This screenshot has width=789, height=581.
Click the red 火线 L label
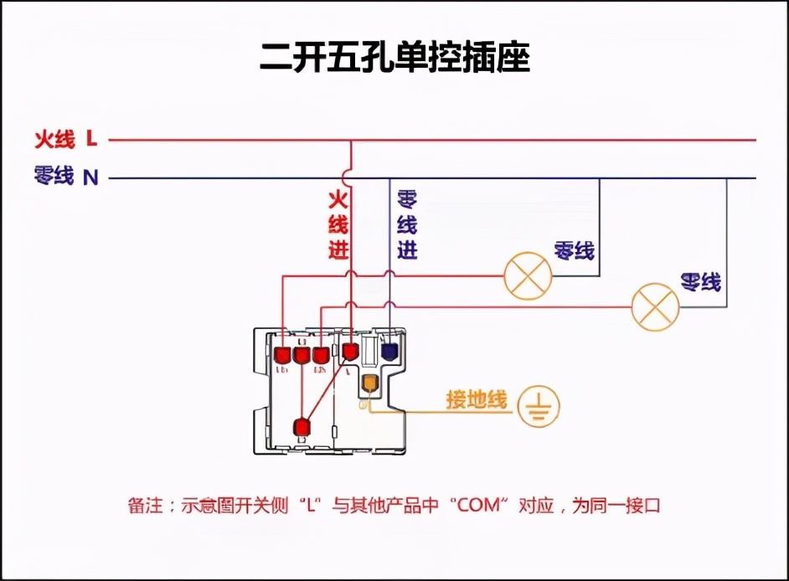[x=66, y=138]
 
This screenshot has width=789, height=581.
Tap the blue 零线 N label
[x=66, y=177]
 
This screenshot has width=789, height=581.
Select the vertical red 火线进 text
[x=338, y=224]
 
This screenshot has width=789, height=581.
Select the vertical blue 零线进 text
[x=407, y=224]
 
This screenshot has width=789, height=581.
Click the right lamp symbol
[x=654, y=306]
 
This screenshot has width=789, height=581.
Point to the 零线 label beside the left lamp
[x=574, y=249]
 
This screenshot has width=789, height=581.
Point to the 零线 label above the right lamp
[x=700, y=281]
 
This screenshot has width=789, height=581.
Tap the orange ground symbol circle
[x=539, y=407]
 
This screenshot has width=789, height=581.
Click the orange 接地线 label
[x=476, y=400]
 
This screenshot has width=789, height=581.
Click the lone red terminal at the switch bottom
[x=302, y=428]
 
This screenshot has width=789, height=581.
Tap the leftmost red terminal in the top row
[x=282, y=355]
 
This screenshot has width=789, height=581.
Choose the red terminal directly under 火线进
[x=350, y=352]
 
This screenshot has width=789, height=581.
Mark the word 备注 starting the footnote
[x=145, y=506]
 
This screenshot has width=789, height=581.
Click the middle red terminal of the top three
[x=302, y=355]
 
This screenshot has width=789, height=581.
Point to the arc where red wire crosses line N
[x=351, y=177]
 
